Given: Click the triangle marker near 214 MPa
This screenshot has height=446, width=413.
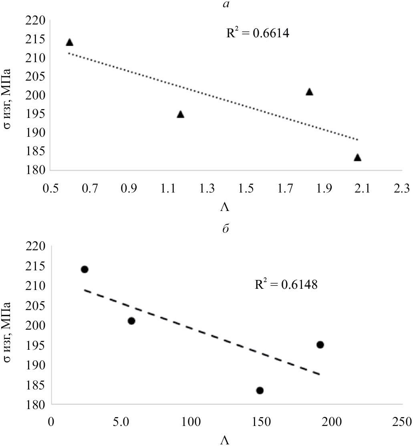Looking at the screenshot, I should coord(69,42).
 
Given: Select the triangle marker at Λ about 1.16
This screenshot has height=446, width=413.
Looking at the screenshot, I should coord(180,114).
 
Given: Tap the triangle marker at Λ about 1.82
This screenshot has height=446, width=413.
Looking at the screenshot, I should coord(309,92).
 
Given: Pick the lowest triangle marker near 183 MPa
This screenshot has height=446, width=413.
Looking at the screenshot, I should coord(357,157).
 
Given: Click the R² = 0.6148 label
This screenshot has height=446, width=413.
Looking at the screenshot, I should coord(286,286).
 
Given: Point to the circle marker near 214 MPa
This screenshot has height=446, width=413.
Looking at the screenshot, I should coord(85,269).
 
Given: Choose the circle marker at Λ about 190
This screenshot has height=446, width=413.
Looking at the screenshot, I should coord(320,345).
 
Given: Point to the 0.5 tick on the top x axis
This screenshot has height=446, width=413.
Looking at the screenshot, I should coord(51,189).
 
